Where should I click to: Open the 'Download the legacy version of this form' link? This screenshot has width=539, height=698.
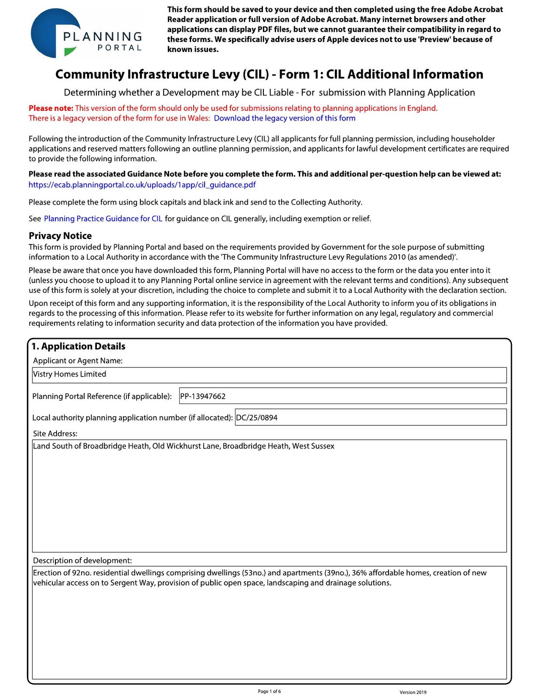[284, 118]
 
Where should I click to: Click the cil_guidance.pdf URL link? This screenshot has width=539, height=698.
[142, 185]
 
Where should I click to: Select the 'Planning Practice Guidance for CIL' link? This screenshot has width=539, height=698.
[103, 219]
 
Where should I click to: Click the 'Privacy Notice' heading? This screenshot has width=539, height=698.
[60, 236]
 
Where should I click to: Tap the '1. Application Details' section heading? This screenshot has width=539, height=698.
[78, 346]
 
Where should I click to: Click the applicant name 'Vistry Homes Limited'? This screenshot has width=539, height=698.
[70, 374]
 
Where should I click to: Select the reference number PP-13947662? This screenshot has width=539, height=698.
[203, 396]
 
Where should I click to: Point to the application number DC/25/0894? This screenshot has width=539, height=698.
[257, 417]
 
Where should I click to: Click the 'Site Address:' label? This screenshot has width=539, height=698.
[55, 434]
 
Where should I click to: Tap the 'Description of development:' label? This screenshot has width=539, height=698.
[82, 561]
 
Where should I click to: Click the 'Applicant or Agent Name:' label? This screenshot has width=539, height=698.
[78, 361]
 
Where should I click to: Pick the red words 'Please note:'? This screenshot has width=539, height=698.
[51, 108]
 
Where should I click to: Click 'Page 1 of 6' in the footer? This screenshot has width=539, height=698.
[269, 691]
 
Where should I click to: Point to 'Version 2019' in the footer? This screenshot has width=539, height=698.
[413, 692]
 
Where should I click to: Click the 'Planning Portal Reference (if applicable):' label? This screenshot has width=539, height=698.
[102, 397]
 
